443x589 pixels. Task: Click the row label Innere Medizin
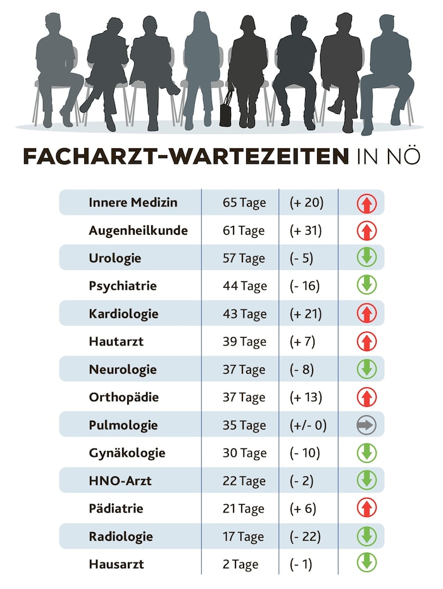tap(133, 202)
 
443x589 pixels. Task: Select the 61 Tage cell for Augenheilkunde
tap(244, 231)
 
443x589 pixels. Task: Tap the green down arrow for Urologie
tap(366, 257)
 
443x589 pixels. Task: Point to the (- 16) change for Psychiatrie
tap(305, 286)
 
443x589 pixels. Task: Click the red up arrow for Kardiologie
tap(366, 313)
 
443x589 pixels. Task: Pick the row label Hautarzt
tap(116, 342)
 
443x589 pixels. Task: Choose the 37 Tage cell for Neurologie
tap(244, 369)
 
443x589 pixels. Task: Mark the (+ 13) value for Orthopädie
tap(306, 397)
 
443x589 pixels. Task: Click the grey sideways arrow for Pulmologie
tap(366, 425)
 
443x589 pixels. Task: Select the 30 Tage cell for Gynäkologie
tap(245, 453)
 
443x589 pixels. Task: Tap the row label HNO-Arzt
tap(120, 481)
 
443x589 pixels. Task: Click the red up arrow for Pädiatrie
tap(366, 508)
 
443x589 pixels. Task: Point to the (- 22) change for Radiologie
tap(305, 536)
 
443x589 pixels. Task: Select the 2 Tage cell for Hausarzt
tap(240, 564)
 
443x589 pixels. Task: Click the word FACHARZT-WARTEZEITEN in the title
tap(186, 156)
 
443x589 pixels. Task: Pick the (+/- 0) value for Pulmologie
tap(308, 425)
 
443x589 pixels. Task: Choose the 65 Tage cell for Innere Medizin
tap(244, 203)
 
